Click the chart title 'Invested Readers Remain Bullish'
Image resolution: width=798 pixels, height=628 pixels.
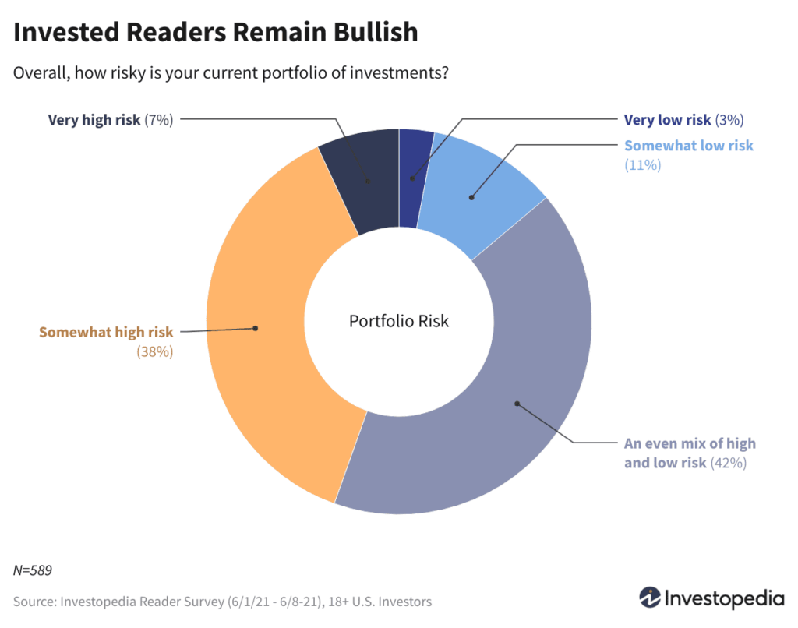[216, 32]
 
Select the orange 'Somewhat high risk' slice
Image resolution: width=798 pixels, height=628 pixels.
[257, 327]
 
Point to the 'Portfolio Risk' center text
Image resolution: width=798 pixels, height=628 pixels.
[399, 321]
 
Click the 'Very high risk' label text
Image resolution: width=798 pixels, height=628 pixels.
[94, 120]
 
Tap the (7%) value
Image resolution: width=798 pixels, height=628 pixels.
[158, 120]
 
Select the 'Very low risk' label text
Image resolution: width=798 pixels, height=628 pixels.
[667, 120]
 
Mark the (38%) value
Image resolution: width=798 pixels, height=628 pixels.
[154, 351]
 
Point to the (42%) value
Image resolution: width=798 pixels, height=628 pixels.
[729, 463]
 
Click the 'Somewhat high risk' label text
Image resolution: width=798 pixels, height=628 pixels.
[106, 333]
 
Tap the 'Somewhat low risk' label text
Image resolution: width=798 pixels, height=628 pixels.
[689, 146]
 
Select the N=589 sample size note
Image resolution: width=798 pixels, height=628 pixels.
[33, 570]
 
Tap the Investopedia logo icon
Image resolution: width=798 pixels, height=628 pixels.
[649, 598]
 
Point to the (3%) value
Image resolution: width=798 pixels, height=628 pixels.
[729, 120]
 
